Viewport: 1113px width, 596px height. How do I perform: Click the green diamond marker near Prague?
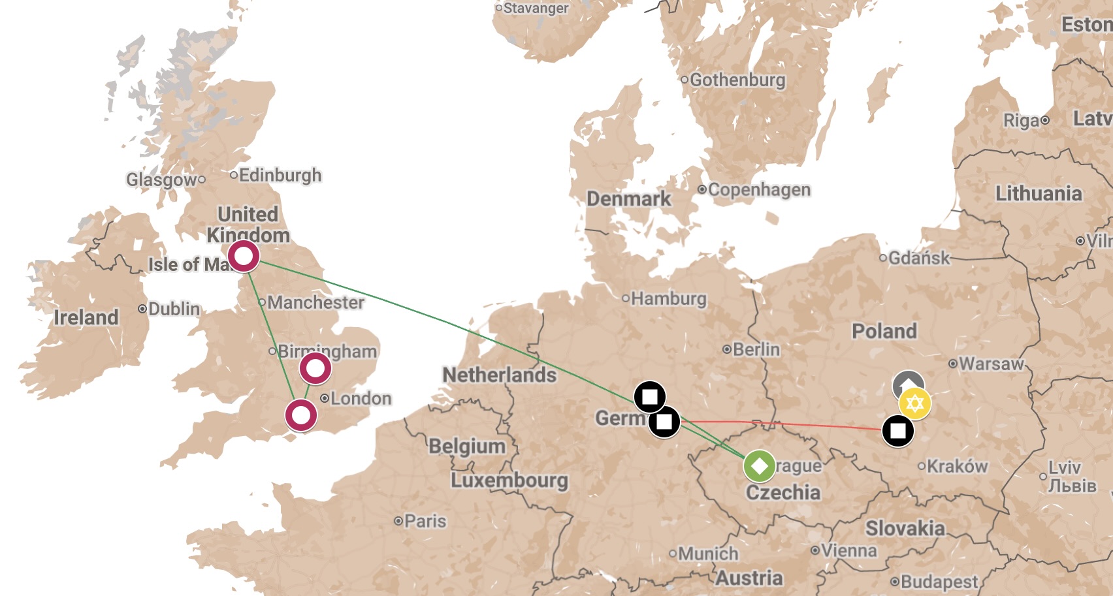click(x=759, y=466)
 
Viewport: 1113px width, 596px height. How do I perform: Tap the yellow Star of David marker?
click(x=914, y=403)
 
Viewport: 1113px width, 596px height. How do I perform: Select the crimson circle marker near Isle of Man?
click(x=244, y=256)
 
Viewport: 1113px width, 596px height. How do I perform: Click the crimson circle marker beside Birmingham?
click(x=315, y=368)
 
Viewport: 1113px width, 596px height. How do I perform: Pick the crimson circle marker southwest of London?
click(x=301, y=415)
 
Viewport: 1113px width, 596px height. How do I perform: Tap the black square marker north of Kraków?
click(x=898, y=431)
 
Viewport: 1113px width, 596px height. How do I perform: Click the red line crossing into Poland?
click(x=784, y=424)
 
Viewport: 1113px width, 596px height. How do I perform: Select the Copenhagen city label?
click(x=759, y=190)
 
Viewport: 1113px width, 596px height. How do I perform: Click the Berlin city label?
click(x=756, y=350)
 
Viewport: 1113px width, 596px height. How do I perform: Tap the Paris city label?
click(x=425, y=521)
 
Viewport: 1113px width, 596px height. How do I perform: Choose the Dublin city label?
click(x=174, y=309)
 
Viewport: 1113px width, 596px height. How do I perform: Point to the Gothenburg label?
click(x=737, y=80)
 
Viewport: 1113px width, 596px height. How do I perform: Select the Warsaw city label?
click(x=991, y=364)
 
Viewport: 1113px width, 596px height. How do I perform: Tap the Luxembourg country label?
click(x=509, y=480)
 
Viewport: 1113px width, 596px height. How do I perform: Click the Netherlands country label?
click(x=500, y=375)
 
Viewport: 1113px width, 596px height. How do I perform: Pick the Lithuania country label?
click(x=1039, y=194)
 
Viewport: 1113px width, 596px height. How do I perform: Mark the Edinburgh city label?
click(x=280, y=175)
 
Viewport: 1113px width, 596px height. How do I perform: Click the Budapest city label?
click(x=939, y=582)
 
